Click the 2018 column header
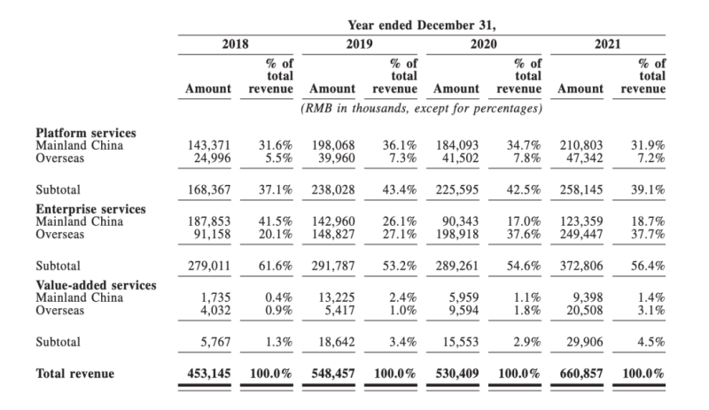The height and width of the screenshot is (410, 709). click(x=235, y=43)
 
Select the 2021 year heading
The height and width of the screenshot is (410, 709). click(x=608, y=43)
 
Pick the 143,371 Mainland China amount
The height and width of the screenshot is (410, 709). click(x=209, y=145)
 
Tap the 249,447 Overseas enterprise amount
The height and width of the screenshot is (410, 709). click(x=581, y=235)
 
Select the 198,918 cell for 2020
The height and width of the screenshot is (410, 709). click(x=457, y=235)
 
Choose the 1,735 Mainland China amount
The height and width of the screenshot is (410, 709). click(x=216, y=298)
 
